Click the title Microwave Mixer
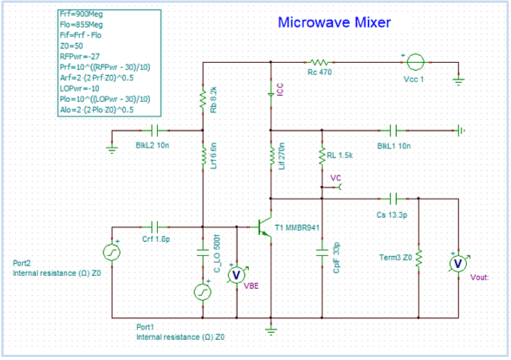click(334, 23)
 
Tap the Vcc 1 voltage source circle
click(414, 61)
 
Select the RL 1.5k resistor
click(321, 156)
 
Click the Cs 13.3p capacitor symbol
click(393, 197)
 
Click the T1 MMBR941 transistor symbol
click(265, 227)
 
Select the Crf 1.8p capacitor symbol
click(155, 227)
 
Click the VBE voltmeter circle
click(236, 274)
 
